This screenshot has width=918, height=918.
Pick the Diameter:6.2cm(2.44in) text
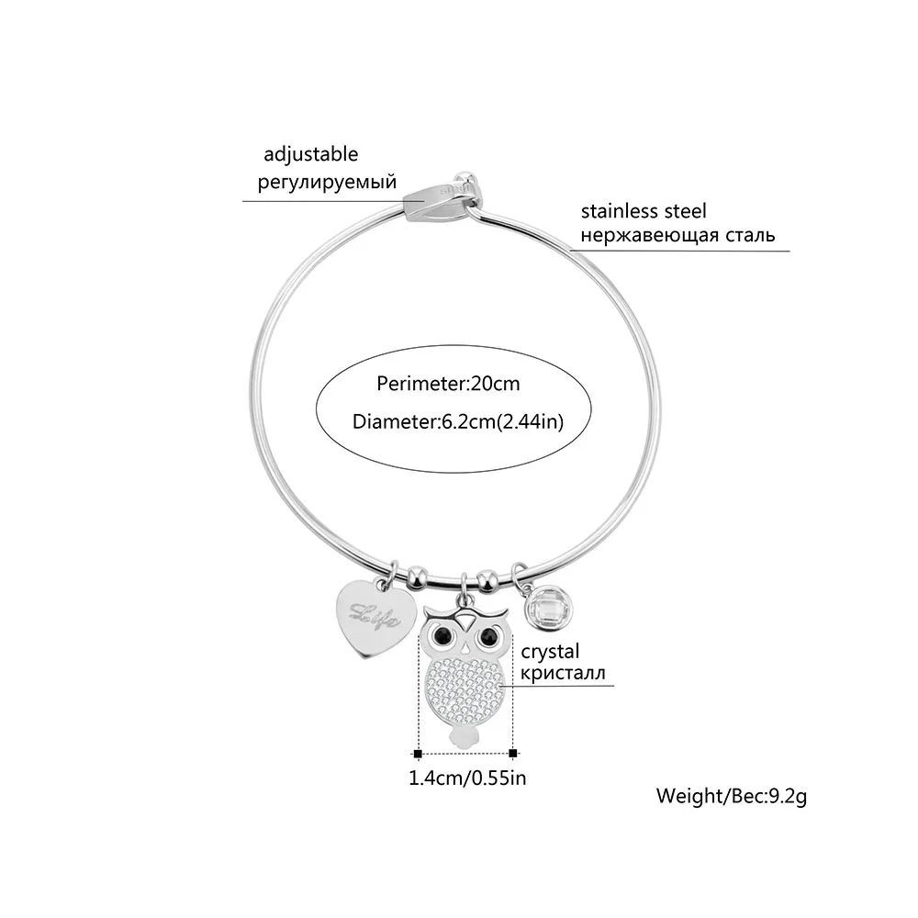pyautogui.click(x=457, y=422)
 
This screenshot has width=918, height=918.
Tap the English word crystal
pyautogui.click(x=550, y=652)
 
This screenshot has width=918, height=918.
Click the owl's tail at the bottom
pyautogui.click(x=464, y=738)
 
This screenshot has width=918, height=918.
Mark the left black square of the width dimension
pyautogui.click(x=418, y=753)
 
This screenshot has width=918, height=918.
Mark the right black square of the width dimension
pyautogui.click(x=513, y=753)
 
